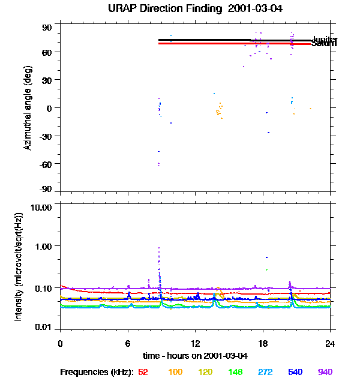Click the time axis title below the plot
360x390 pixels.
click(195, 355)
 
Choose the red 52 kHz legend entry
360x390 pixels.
click(143, 373)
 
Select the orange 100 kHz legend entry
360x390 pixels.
click(175, 373)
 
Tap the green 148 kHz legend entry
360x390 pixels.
click(235, 373)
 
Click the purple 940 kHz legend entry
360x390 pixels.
click(325, 373)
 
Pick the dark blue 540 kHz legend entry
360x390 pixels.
click(295, 373)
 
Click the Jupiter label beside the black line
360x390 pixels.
click(324, 40)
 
